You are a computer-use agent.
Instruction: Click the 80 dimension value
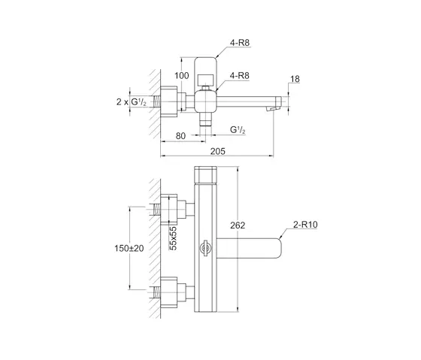point(180,136)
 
